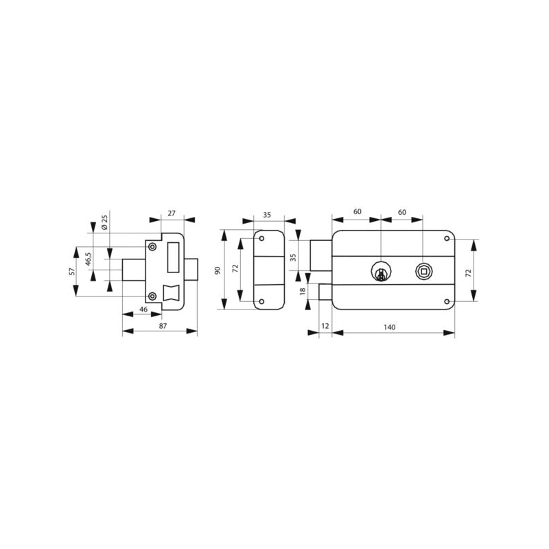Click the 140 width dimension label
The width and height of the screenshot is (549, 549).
(x=389, y=327)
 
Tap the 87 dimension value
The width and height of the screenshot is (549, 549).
(x=163, y=325)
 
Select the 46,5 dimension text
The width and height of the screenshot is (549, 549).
(x=89, y=259)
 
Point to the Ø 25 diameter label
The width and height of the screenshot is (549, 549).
(x=104, y=222)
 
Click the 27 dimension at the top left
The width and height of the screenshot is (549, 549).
(x=171, y=213)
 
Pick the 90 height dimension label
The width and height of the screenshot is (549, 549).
(x=218, y=270)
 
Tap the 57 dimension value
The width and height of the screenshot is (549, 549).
(x=72, y=271)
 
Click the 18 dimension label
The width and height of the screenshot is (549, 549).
(x=303, y=290)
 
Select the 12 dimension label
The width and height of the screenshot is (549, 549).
(x=325, y=326)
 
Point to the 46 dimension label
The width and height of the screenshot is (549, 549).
(x=143, y=309)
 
